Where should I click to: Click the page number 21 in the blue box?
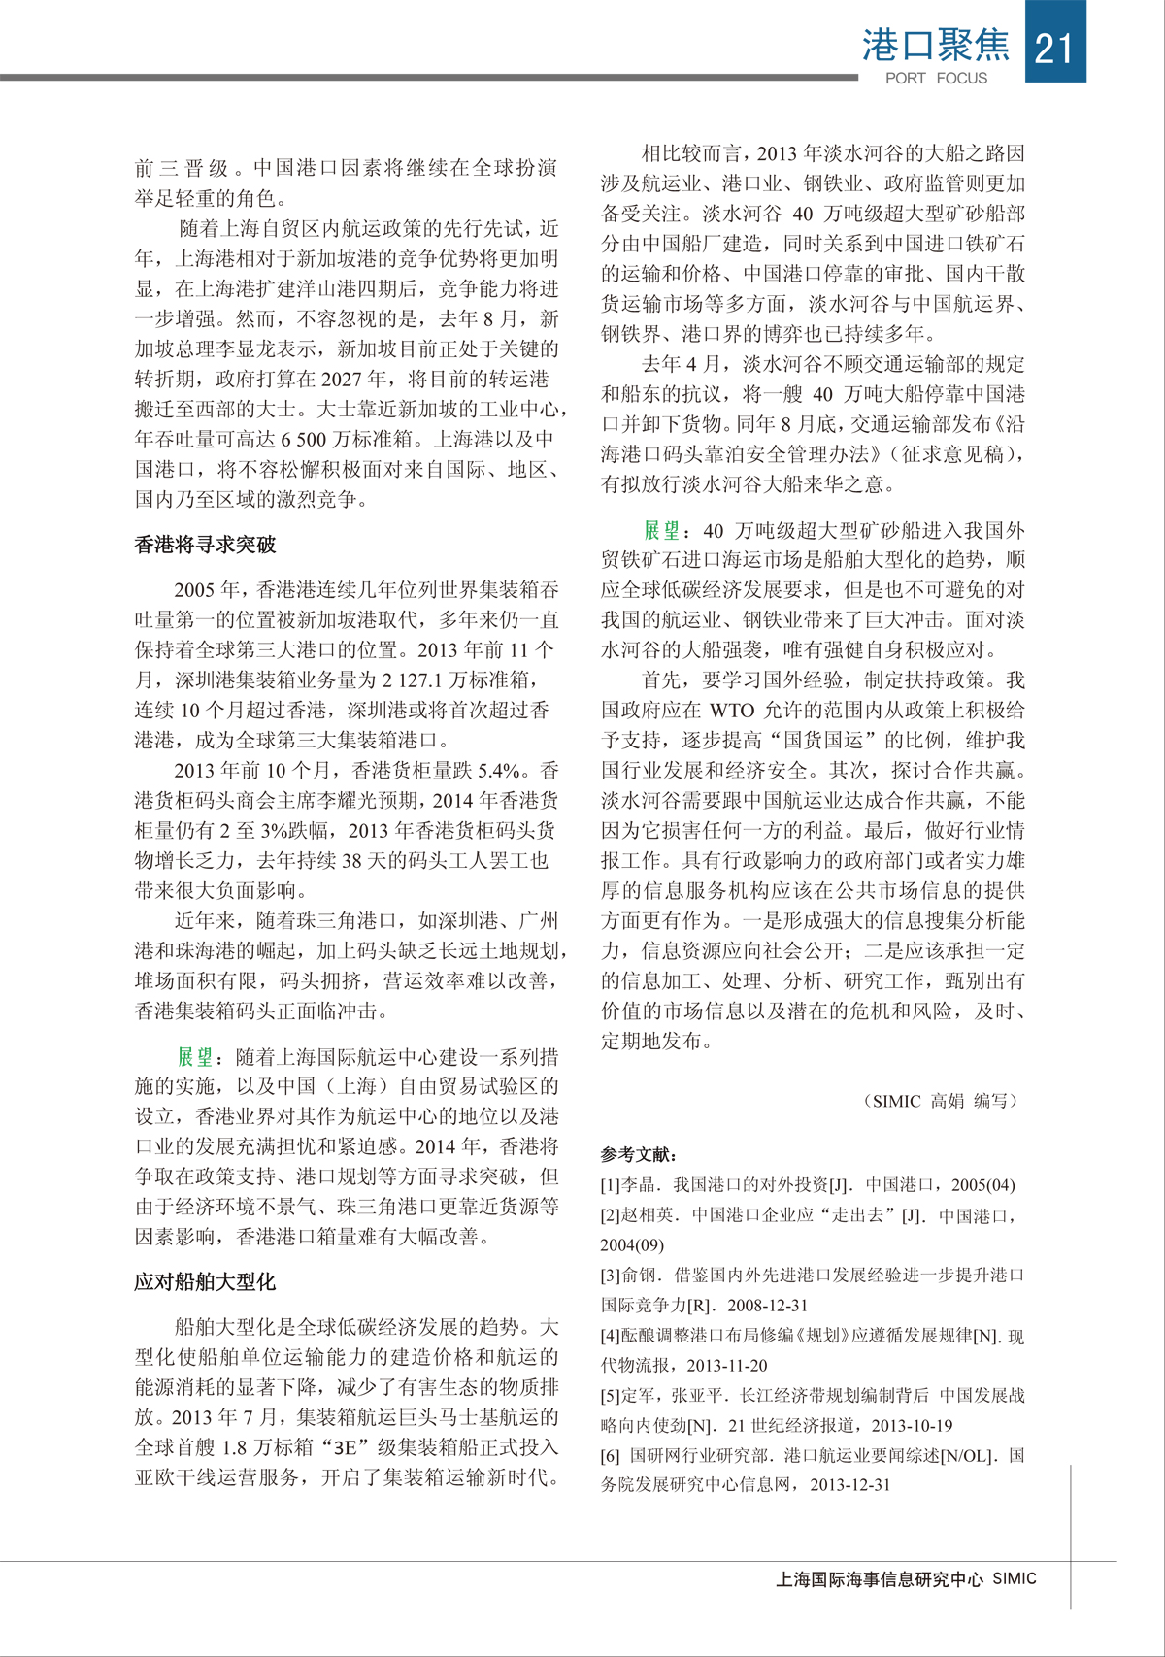1054,47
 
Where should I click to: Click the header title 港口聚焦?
935,45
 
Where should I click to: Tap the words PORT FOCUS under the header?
936,79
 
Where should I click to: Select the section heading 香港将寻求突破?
205,546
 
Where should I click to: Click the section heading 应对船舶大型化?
205,1282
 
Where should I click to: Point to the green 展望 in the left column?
194,1057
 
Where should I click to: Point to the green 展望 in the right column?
661,530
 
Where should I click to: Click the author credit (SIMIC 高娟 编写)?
940,1101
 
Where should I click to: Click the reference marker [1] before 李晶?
611,1185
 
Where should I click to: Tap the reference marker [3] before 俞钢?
611,1276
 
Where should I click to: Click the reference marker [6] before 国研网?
611,1456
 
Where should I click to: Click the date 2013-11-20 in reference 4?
726,1366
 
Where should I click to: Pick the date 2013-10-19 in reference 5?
912,1426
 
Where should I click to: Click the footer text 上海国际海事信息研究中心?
880,1579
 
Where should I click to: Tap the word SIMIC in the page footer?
1015,1579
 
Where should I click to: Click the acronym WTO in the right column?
732,711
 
